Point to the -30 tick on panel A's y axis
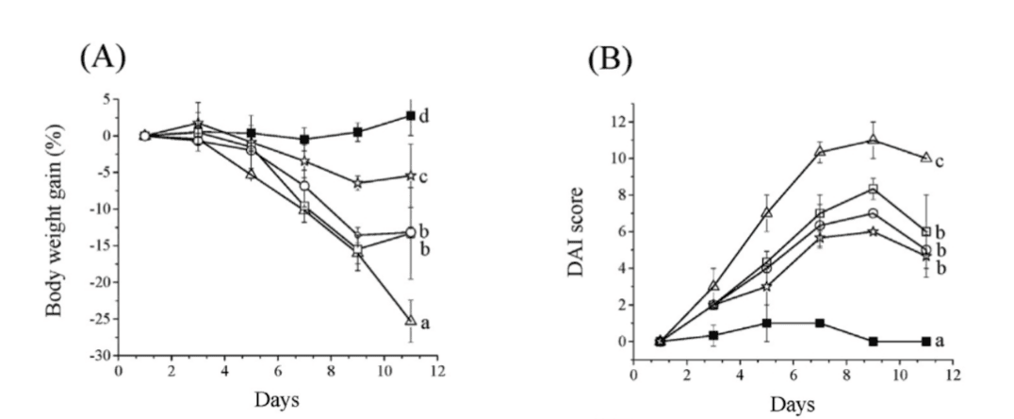(102, 355)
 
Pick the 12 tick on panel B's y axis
(619, 121)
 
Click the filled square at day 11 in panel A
(411, 115)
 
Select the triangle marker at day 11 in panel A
(411, 320)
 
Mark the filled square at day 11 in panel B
(926, 341)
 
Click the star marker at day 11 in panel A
(411, 176)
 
